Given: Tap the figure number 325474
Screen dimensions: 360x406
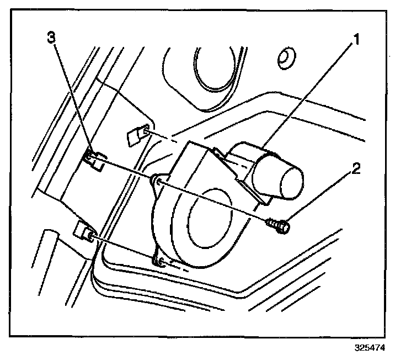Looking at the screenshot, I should (368, 348).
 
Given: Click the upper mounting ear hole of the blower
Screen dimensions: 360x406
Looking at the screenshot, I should (158, 180).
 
